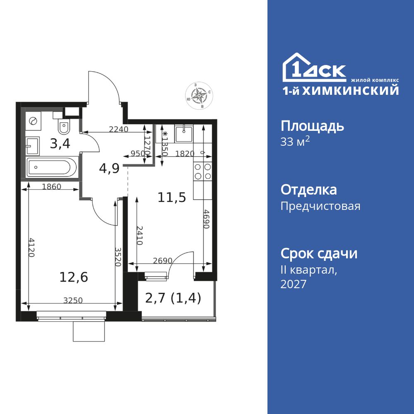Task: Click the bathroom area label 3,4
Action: tap(60, 144)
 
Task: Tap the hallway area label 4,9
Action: tap(109, 168)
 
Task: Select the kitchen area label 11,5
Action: tap(172, 197)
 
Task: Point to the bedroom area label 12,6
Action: tap(74, 277)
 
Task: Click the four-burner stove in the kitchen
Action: tap(203, 171)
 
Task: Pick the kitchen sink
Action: tap(184, 134)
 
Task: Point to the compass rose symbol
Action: tap(199, 95)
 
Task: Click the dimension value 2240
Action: tap(119, 129)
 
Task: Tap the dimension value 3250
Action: tap(73, 300)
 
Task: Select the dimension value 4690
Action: tap(207, 219)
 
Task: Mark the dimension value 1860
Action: tap(52, 187)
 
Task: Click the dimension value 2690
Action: tap(163, 261)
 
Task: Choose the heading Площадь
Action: tap(312, 127)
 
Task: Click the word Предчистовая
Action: tap(320, 206)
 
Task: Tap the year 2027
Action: tap(294, 284)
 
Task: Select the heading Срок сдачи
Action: tap(319, 254)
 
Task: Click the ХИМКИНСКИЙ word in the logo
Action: tap(350, 90)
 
